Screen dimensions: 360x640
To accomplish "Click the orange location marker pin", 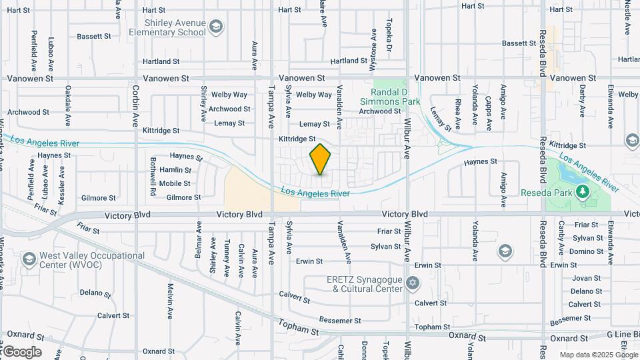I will pyautogui.click(x=321, y=159).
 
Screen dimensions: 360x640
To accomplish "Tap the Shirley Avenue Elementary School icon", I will pyautogui.click(x=215, y=27).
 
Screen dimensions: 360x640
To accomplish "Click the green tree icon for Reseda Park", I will pyautogui.click(x=583, y=192).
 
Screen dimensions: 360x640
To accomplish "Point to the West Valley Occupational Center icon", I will pyautogui.click(x=29, y=259).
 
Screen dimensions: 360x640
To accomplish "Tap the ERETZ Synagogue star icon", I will pyautogui.click(x=413, y=283).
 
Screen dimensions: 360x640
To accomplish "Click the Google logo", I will pyautogui.click(x=21, y=352).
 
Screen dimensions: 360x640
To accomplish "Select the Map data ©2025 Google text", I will pyautogui.click(x=598, y=355).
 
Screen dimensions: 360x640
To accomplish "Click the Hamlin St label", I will pyautogui.click(x=175, y=170).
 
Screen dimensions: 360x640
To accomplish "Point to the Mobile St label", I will pyautogui.click(x=175, y=183).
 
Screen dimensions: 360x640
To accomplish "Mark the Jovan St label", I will pyautogui.click(x=586, y=278).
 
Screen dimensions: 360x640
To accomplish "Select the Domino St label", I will pyautogui.click(x=587, y=251).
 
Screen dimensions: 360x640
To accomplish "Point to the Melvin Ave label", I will pyautogui.click(x=170, y=300).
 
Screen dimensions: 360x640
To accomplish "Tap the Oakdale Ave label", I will pyautogui.click(x=68, y=105).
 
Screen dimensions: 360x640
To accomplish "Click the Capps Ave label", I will pyautogui.click(x=489, y=111).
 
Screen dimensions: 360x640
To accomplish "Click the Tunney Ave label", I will pyautogui.click(x=227, y=256).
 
